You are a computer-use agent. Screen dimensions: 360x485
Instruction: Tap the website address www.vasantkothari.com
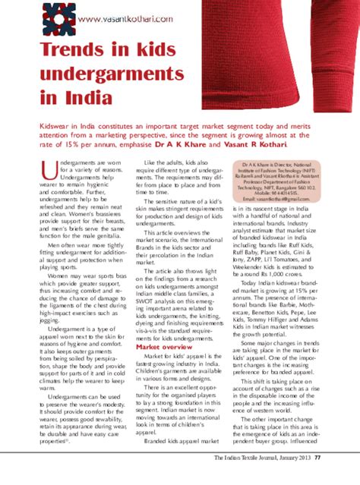point(114,17)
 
